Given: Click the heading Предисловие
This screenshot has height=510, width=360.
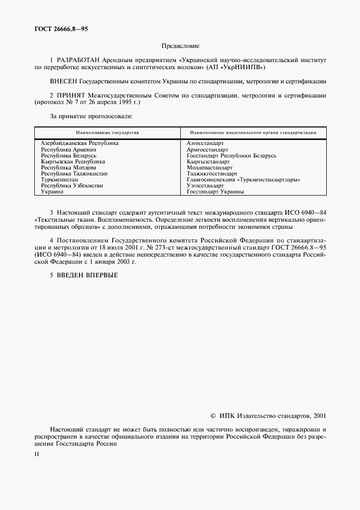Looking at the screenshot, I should coord(180,46).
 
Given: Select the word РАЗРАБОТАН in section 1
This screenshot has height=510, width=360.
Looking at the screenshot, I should coord(74,59).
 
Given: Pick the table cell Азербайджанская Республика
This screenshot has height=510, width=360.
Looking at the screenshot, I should coord(80,143).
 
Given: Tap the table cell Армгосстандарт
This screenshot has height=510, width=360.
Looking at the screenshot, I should coord(208,149).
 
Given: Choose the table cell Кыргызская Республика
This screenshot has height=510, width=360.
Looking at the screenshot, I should coord(74,162).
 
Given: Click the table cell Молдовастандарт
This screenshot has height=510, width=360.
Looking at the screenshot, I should coord(210,168).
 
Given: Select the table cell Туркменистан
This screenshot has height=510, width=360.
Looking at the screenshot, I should coord(60,179).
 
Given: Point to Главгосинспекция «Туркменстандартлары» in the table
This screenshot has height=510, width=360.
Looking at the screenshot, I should coord(243,179).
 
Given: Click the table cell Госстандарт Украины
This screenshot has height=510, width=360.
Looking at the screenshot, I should coord(215,192).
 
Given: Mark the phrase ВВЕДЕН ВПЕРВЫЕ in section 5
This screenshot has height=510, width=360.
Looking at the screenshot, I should coord(88,275).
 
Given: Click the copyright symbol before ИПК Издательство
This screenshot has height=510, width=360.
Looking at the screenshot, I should coord(213,416).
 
